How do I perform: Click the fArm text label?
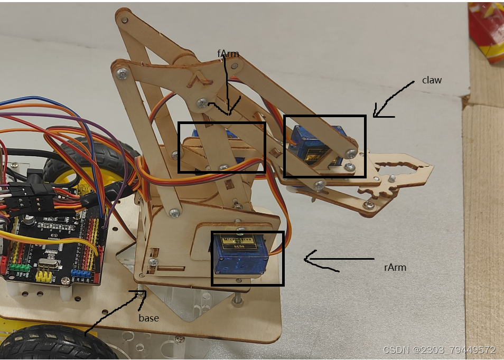click(228, 53)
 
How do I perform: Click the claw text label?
click(432, 80)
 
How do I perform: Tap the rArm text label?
click(395, 268)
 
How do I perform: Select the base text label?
click(148, 318)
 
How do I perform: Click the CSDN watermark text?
click(439, 350)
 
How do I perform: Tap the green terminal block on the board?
click(20, 268)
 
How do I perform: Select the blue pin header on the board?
click(81, 273)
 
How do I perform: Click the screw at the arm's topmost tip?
click(124, 20)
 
